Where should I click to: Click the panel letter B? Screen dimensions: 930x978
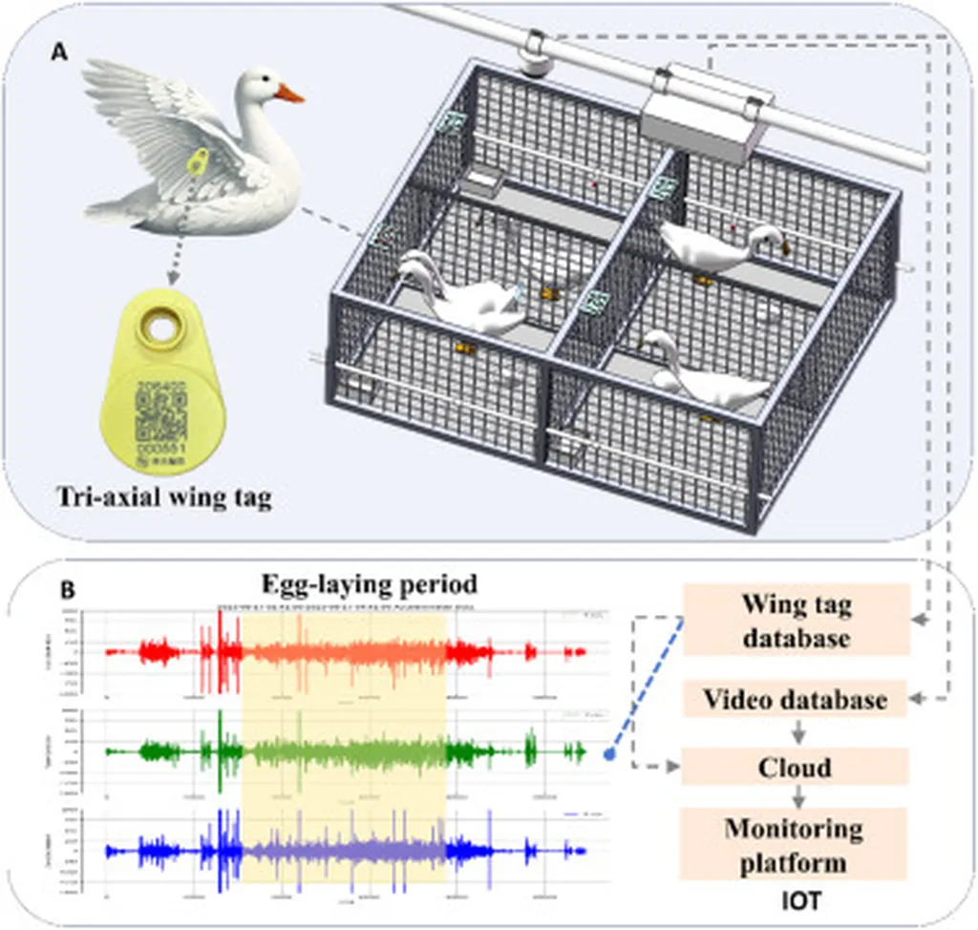[69, 590]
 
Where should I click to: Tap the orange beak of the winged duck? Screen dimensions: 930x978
[289, 94]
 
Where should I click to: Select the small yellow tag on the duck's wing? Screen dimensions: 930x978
[198, 161]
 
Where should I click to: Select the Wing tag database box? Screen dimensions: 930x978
[797, 620]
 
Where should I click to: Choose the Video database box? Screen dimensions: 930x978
[797, 700]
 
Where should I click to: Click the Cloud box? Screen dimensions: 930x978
[797, 767]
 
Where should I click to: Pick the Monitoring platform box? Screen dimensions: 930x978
[797, 844]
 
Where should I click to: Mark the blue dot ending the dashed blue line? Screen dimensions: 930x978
[609, 754]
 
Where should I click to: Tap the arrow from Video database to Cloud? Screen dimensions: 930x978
[797, 733]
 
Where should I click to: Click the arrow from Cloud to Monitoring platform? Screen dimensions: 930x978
[797, 796]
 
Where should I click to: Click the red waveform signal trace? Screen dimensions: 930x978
[344, 653]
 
